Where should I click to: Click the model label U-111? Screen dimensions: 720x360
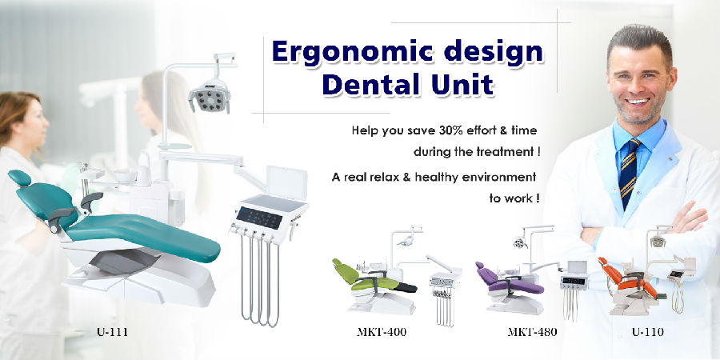[112, 332]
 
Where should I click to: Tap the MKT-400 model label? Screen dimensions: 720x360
[382, 332]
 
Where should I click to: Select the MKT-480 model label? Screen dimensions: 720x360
[532, 332]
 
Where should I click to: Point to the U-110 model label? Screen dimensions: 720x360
[647, 332]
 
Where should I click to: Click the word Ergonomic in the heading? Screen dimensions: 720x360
[348, 52]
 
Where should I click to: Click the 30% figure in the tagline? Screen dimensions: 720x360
[454, 130]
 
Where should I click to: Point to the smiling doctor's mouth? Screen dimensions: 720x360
[638, 101]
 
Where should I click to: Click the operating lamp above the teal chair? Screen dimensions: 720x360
[210, 95]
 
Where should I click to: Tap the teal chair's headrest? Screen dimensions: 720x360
[19, 178]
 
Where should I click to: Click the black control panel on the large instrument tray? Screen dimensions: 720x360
[259, 218]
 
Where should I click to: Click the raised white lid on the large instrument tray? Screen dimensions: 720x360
[286, 182]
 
